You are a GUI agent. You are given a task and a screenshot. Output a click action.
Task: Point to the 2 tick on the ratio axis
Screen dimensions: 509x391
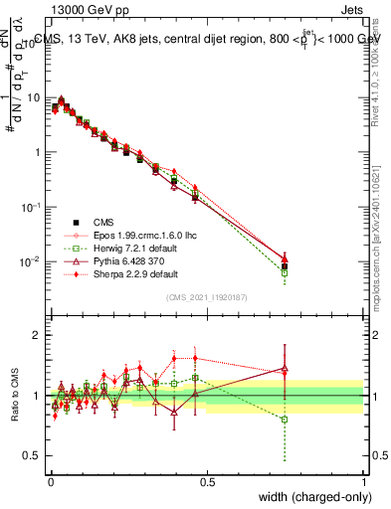tap(40, 335)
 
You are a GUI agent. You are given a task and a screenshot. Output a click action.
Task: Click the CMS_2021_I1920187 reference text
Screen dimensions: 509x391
tap(206, 297)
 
